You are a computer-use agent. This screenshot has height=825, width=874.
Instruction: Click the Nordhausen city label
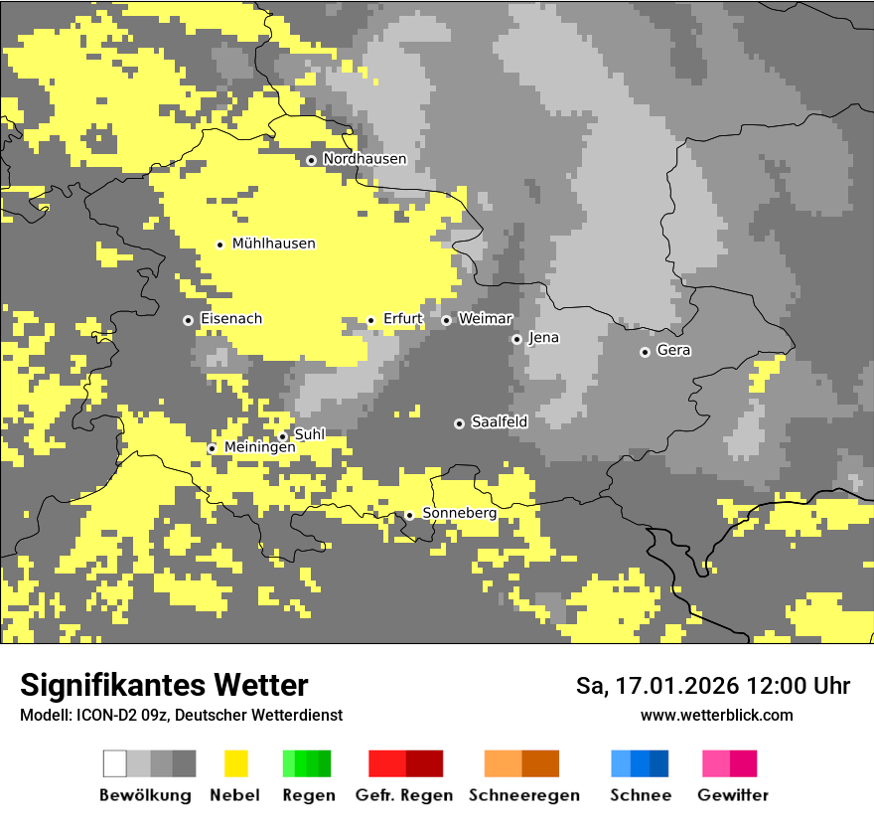pos(364,159)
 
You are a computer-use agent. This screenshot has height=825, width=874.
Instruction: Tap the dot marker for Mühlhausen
pos(220,245)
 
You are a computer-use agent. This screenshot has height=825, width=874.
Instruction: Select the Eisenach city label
pos(231,319)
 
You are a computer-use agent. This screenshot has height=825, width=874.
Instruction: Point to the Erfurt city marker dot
pos(371,320)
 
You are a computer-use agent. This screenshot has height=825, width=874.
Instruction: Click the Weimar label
pos(485,318)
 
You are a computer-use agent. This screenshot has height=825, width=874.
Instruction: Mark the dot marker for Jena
pos(516,339)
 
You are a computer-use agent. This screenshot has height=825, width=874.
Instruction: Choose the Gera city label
pos(673,350)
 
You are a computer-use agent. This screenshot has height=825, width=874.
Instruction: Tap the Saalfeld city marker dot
pos(459,423)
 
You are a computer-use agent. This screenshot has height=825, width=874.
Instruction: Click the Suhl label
pos(309,434)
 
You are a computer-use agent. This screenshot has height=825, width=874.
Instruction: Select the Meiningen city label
pos(259,447)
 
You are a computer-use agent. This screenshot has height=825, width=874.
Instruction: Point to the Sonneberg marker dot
pos(409,515)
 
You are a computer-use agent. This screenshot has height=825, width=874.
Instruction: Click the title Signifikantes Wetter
pos(164,685)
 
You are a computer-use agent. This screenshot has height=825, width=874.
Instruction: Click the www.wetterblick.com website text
pos(716,715)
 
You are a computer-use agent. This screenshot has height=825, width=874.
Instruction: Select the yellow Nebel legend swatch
pos(235,763)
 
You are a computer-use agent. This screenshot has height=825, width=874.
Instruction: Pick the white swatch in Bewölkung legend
pos(115,763)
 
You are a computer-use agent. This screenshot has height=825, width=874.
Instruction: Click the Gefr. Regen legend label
pos(403,795)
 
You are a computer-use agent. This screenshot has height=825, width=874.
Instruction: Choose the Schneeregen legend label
pos(523,795)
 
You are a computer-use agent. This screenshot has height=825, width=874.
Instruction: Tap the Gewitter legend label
pos(733,795)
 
